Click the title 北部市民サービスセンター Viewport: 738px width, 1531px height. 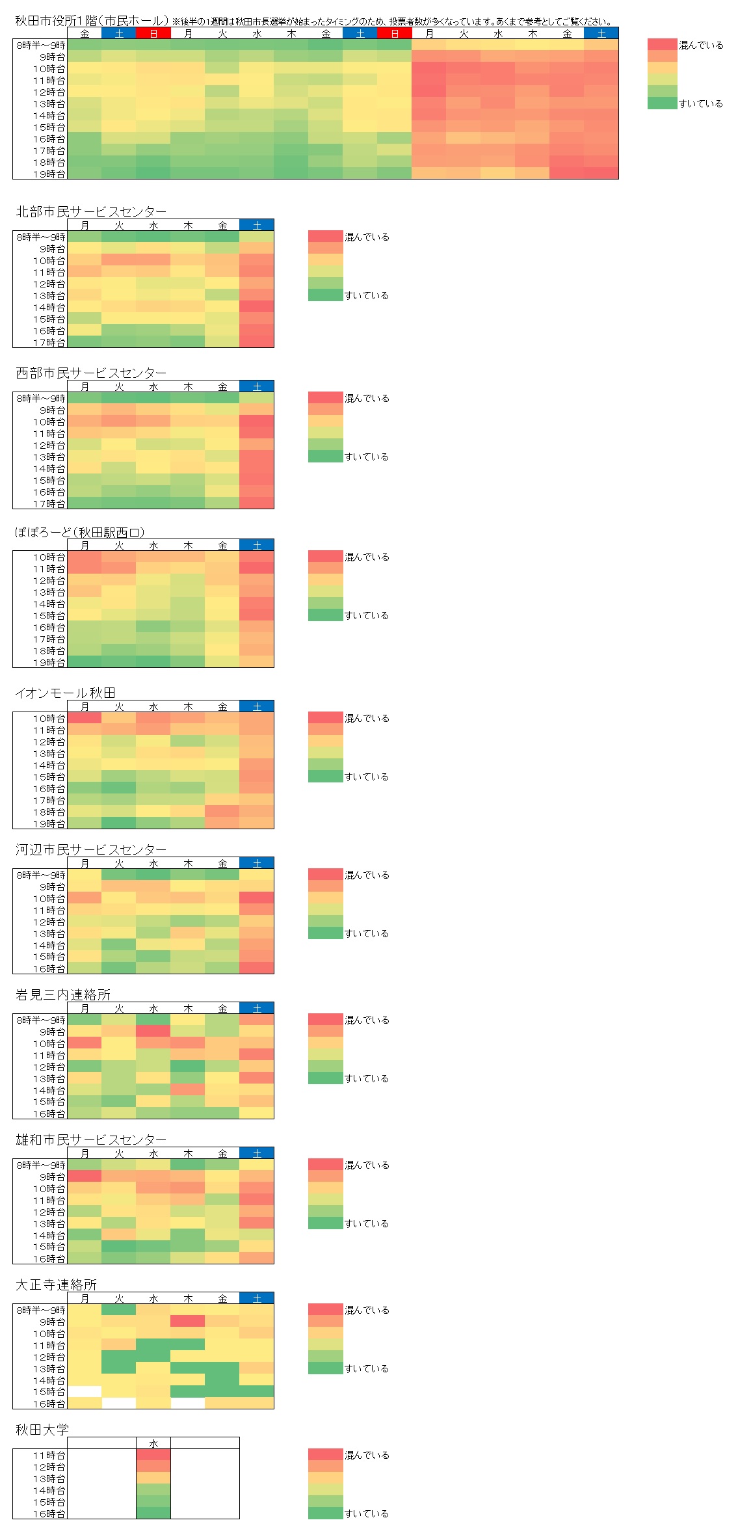(91, 211)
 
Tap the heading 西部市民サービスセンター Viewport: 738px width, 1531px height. (91, 373)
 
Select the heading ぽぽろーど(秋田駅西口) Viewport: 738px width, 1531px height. (80, 532)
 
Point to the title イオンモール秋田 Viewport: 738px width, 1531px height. (65, 693)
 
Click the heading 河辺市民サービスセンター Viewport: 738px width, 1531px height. (91, 849)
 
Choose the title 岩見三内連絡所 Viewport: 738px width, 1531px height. (63, 994)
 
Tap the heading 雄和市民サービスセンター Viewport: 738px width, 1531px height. (91, 1139)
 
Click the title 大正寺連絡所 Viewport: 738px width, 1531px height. (56, 1285)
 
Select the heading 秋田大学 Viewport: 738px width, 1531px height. (42, 1430)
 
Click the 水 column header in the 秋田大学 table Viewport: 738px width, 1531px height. (153, 1443)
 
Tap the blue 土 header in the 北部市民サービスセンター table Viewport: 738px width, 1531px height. (257, 225)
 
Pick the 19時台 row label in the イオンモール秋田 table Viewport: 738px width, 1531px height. (49, 823)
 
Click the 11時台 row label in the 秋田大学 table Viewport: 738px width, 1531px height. (49, 1455)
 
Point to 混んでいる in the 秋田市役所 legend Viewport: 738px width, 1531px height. (701, 45)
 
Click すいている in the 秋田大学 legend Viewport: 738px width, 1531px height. (367, 1513)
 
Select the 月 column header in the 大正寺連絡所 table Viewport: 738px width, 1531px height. (85, 1298)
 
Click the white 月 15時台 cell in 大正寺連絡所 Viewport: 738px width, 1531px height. (85, 1392)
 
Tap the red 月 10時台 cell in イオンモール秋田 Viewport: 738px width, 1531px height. (85, 718)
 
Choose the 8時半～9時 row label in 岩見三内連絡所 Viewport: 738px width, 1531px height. (41, 1020)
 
